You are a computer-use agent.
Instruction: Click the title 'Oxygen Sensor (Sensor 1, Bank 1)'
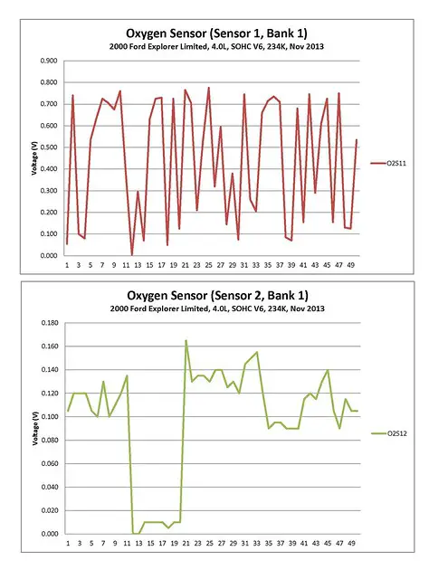point(217,33)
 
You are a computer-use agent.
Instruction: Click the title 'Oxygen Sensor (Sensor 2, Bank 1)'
point(217,296)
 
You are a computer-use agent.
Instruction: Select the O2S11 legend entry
point(388,163)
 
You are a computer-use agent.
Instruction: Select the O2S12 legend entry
point(389,433)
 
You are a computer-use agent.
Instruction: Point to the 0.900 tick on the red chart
point(49,61)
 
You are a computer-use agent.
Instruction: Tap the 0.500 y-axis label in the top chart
point(49,147)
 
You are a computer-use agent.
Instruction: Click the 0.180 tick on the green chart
point(50,323)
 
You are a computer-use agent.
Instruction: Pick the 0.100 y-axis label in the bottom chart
point(50,416)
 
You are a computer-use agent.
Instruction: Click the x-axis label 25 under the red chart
point(209,265)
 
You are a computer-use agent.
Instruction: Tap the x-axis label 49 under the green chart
point(351,543)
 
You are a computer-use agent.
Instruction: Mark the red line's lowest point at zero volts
point(132,255)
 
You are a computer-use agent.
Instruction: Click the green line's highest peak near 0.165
point(186,340)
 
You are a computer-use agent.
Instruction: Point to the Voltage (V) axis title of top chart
point(34,159)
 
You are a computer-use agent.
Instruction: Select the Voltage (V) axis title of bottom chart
point(35,428)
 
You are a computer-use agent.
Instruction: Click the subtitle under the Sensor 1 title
point(216,46)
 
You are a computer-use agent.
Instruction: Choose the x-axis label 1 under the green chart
point(68,543)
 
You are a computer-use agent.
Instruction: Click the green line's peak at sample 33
point(257,352)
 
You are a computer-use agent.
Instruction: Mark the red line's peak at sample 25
point(209,88)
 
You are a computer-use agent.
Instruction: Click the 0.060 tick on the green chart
point(50,463)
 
